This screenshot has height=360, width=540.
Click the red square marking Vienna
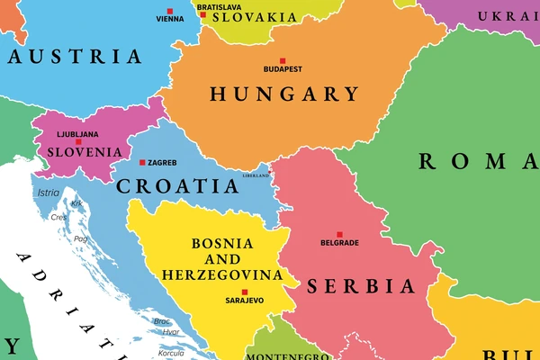[x=169, y=11]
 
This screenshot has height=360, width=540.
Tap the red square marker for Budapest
[x=282, y=61]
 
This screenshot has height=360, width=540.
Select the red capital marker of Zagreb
[x=142, y=163]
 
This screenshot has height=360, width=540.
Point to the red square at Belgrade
[x=339, y=234]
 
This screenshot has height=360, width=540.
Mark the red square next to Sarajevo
[x=244, y=292]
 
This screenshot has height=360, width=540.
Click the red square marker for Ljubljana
[x=78, y=141]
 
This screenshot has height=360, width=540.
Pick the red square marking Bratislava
[x=203, y=15]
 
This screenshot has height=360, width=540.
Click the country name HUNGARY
[x=284, y=94]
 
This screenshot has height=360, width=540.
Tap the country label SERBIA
[x=362, y=286]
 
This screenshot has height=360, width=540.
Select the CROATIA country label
[x=178, y=186]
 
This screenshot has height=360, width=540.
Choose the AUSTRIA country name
[x=76, y=56]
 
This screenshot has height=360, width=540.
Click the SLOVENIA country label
[x=77, y=152]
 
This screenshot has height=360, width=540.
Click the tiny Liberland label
[x=256, y=175]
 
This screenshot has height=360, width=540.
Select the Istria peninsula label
[x=48, y=193]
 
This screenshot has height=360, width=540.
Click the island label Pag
[x=81, y=238]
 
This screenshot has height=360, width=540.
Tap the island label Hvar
[x=170, y=331]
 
